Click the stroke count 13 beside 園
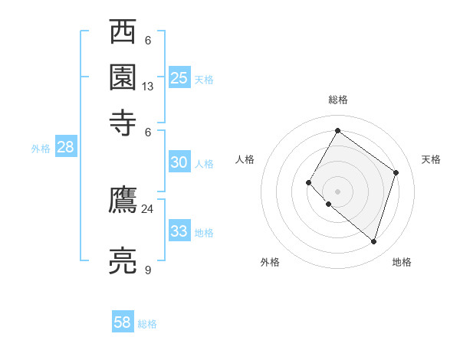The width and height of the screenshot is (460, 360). pyautogui.click(x=148, y=87)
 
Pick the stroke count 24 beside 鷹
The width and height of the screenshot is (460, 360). pyautogui.click(x=148, y=208)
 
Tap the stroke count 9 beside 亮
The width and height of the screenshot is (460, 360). pyautogui.click(x=148, y=270)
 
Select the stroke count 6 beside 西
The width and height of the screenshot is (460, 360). pyautogui.click(x=148, y=41)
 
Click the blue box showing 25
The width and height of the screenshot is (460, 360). pyautogui.click(x=179, y=78)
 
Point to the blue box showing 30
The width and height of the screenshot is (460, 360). pyautogui.click(x=179, y=162)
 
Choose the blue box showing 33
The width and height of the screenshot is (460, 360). pyautogui.click(x=179, y=231)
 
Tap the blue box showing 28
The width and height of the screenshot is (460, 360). pyautogui.click(x=66, y=148)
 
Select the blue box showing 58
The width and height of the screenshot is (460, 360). pyautogui.click(x=123, y=322)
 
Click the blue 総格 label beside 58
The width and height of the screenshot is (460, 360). pyautogui.click(x=147, y=324)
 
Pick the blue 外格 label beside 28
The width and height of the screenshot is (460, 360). pyautogui.click(x=41, y=149)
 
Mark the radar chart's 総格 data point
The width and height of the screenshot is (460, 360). pyautogui.click(x=337, y=130)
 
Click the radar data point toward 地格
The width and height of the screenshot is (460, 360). pyautogui.click(x=373, y=241)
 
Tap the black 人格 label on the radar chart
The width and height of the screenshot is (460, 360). pyautogui.click(x=245, y=159)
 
